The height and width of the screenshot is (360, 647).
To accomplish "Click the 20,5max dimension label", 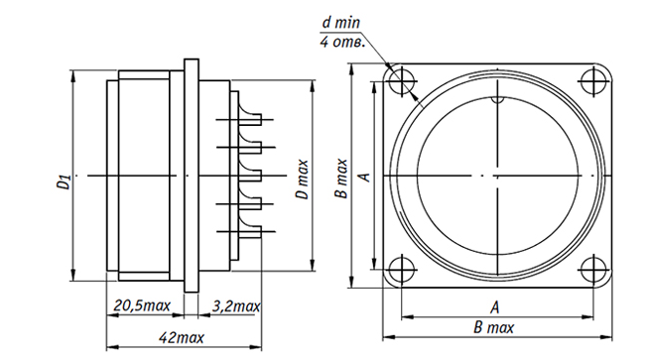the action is click(142, 306).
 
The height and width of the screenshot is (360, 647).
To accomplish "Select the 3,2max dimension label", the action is click(236, 306).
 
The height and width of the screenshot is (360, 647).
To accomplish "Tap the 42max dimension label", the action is click(182, 338).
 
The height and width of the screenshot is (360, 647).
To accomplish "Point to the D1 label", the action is click(64, 181).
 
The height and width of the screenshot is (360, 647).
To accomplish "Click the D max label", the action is click(302, 179).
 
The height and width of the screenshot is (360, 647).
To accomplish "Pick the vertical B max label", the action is click(341, 179).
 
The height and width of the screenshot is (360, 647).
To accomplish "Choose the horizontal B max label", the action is click(494, 328).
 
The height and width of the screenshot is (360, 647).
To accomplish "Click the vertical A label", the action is click(365, 177).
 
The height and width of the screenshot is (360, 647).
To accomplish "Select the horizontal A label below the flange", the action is click(495, 307).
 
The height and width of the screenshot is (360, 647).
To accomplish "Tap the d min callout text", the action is click(340, 22).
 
